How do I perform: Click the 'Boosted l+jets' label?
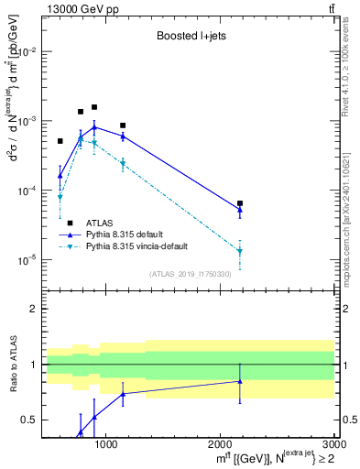click(x=191, y=37)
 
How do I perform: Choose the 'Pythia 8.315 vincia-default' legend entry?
click(x=142, y=246)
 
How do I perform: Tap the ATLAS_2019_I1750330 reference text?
click(x=191, y=273)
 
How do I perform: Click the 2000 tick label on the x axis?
click(x=221, y=444)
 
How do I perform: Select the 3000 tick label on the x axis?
click(x=333, y=444)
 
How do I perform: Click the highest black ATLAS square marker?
click(x=94, y=107)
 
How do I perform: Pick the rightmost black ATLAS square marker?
click(x=240, y=203)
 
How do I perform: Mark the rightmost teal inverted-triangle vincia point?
click(x=240, y=251)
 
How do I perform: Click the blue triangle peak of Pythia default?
click(x=94, y=127)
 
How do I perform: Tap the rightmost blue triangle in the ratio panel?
click(x=240, y=381)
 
